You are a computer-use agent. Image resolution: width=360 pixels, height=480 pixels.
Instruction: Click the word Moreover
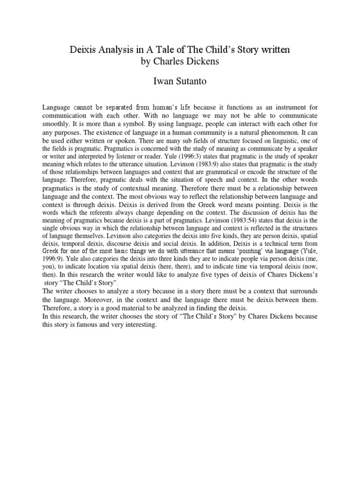coord(77,299)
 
